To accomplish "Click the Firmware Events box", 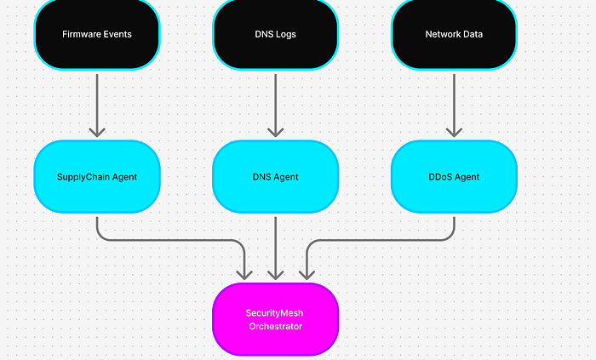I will pos(96,34).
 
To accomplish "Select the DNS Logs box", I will pos(275,34).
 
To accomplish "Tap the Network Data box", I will pos(454,34).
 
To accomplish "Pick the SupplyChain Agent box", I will pos(96,177).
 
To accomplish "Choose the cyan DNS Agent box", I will pos(275,177).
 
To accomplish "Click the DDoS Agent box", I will pos(454,177).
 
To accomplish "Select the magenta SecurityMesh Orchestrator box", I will pos(275,319).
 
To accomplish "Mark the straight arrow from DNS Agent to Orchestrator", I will pos(275,247).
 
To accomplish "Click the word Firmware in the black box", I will pos(81,35).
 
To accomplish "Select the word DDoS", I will pos(440,177).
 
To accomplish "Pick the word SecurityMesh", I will pos(275,312).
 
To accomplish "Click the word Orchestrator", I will pos(275,326).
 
